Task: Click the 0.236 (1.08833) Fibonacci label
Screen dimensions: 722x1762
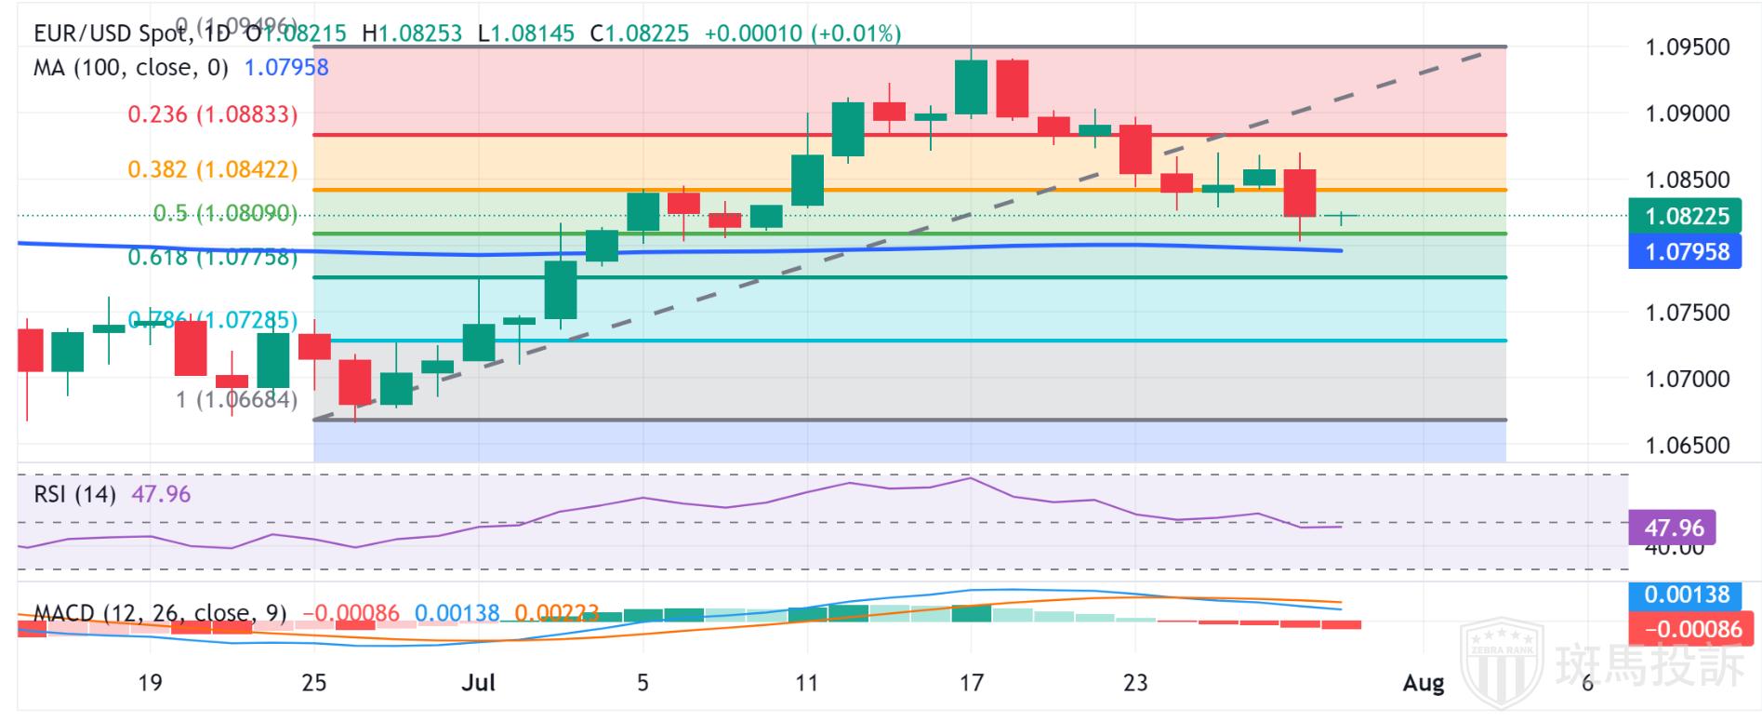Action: click(213, 114)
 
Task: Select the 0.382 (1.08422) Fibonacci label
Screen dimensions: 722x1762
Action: click(213, 169)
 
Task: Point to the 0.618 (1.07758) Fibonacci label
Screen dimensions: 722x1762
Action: click(213, 257)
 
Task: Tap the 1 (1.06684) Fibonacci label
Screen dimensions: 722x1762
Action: click(237, 400)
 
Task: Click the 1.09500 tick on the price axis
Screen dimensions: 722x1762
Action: click(1688, 47)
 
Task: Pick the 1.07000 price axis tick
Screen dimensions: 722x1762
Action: click(1688, 379)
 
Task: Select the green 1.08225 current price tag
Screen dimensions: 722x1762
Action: click(1686, 216)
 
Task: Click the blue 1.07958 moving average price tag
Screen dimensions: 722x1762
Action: click(1686, 251)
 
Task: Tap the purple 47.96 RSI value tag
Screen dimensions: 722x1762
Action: click(1674, 528)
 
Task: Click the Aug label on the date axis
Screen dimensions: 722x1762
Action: click(1423, 683)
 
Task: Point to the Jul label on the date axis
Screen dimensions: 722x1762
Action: click(478, 683)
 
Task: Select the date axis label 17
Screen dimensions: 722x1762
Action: click(971, 683)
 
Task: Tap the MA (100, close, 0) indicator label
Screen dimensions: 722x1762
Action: click(130, 68)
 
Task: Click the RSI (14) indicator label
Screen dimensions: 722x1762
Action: click(75, 494)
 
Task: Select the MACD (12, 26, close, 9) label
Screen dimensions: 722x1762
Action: click(160, 614)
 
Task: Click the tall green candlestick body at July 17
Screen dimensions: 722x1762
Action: click(971, 87)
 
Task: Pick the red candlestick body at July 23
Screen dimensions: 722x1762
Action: click(1135, 149)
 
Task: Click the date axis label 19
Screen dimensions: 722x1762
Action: click(150, 683)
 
